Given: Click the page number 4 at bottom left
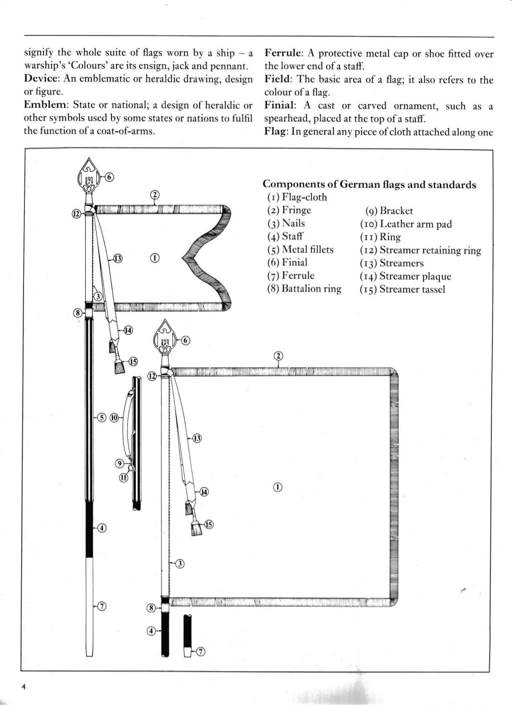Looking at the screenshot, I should pos(23,686).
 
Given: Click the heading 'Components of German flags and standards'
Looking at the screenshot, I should pos(369,185).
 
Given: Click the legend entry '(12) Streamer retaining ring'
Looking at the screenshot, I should pos(420,250).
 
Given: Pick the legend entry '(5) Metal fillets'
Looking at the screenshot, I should pos(300,250).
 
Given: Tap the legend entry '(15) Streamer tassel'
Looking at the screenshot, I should pos(402,289).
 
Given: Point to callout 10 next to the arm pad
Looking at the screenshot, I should pos(114,417).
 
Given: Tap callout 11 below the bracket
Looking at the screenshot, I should pos(123,477).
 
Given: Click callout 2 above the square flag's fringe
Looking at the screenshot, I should pos(278,356).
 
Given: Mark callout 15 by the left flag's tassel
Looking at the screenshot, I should pos(133,361).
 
